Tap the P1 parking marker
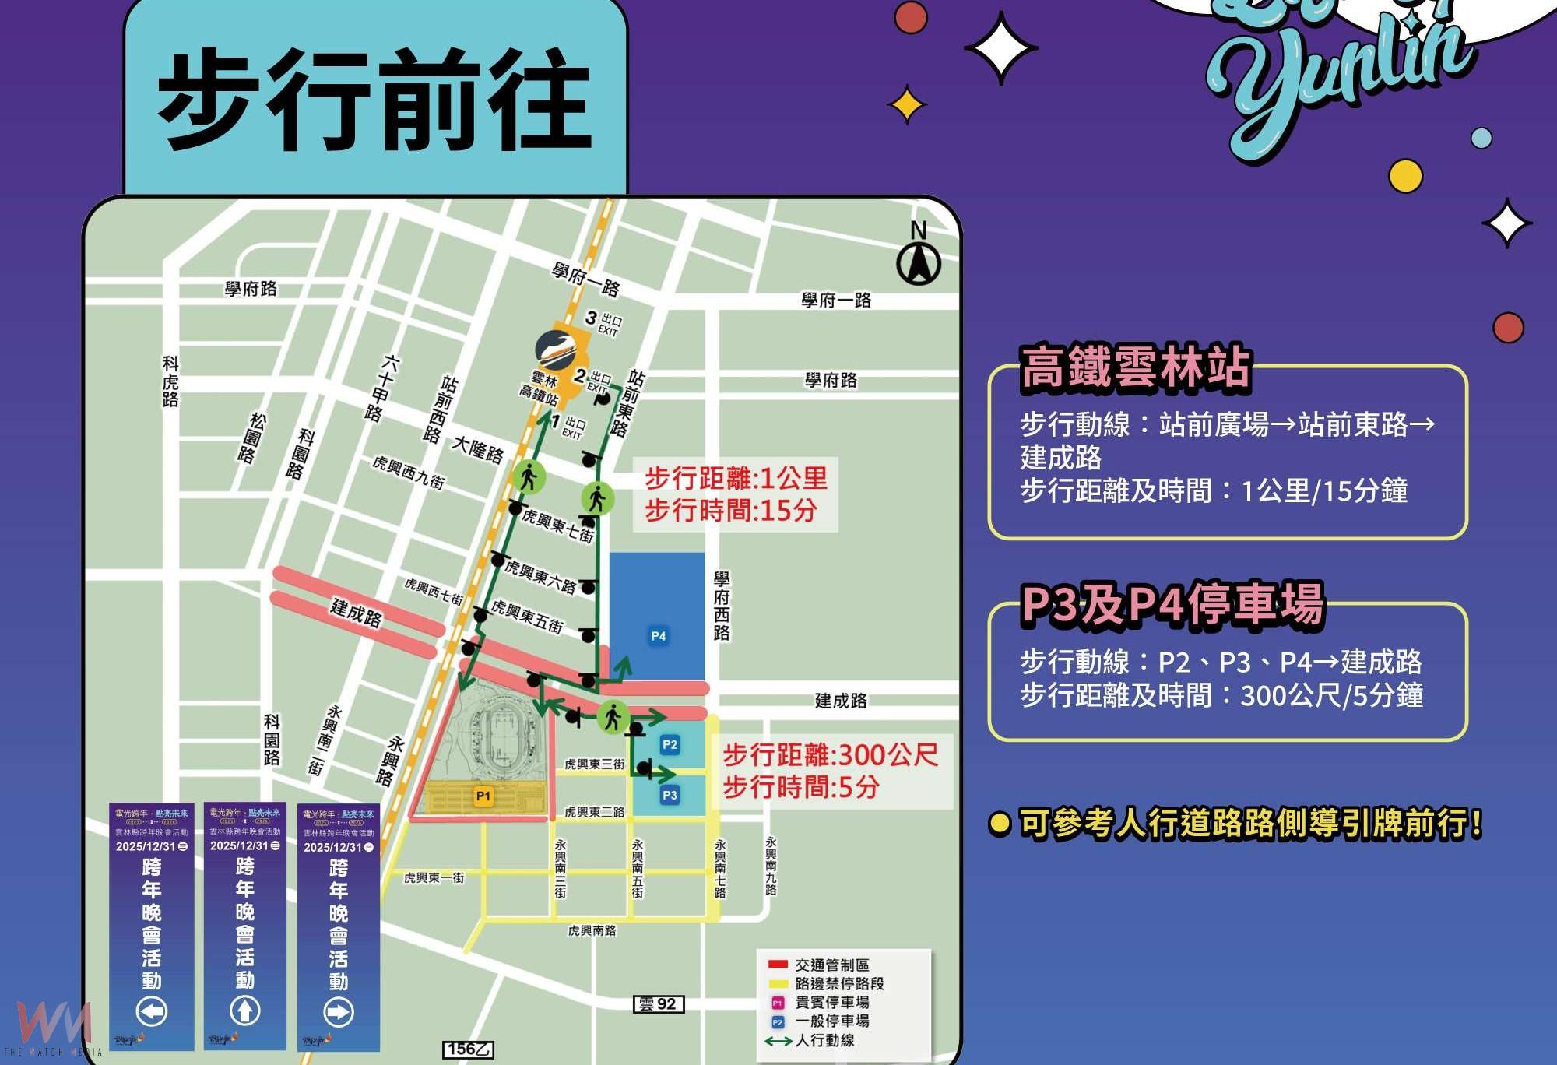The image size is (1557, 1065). [483, 796]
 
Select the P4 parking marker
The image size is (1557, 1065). [659, 636]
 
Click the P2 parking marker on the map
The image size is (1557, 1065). [670, 745]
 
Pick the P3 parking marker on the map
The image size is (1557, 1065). [670, 795]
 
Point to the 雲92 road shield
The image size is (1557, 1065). [658, 1004]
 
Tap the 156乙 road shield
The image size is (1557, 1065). [468, 1049]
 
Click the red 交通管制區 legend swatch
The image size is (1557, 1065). [778, 965]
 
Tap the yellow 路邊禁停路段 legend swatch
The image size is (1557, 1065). [778, 983]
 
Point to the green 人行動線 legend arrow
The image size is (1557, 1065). [778, 1041]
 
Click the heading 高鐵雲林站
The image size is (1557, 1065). [1135, 367]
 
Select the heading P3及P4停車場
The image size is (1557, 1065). [1172, 604]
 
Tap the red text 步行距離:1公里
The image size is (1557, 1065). [736, 478]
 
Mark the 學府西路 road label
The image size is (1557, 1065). [722, 606]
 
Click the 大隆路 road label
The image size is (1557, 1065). [478, 449]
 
